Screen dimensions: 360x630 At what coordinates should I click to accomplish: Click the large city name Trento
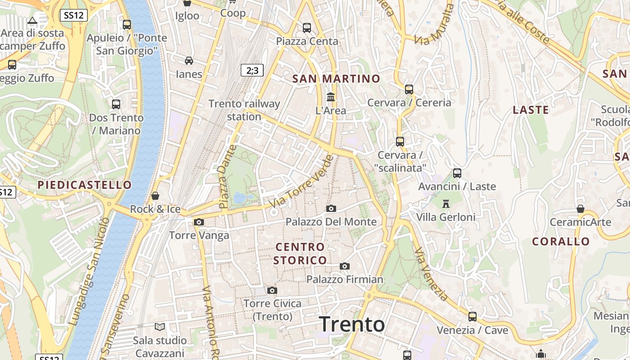pyautogui.click(x=352, y=324)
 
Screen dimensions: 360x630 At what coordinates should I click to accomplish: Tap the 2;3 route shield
pyautogui.click(x=252, y=70)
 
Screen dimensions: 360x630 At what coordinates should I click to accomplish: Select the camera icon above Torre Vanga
pyautogui.click(x=199, y=222)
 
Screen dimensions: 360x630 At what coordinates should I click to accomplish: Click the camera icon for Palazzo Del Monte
pyautogui.click(x=331, y=208)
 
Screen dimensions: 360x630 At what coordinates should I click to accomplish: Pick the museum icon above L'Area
pyautogui.click(x=331, y=97)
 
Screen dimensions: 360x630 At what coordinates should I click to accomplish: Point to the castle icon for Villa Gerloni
pyautogui.click(x=446, y=204)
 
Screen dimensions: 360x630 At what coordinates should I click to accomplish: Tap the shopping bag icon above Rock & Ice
pyautogui.click(x=155, y=196)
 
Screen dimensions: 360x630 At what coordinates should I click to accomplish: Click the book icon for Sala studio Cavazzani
pyautogui.click(x=160, y=327)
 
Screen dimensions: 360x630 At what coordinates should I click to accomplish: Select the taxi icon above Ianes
pyautogui.click(x=189, y=61)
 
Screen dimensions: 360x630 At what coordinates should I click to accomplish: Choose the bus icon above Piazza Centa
pyautogui.click(x=307, y=28)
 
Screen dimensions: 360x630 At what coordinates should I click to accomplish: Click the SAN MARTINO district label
pyautogui.click(x=336, y=79)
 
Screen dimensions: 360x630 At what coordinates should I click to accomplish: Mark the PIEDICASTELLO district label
pyautogui.click(x=85, y=185)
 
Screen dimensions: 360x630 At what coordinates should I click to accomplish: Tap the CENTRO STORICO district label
pyautogui.click(x=300, y=253)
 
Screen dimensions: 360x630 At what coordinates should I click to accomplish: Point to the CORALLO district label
pyautogui.click(x=561, y=242)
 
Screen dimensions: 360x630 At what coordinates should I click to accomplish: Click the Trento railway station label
pyautogui.click(x=244, y=110)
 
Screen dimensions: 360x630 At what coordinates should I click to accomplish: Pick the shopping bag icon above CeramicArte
pyautogui.click(x=580, y=209)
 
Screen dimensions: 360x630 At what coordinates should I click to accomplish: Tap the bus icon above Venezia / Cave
pyautogui.click(x=472, y=317)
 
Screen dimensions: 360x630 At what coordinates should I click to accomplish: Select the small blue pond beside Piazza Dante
pyautogui.click(x=240, y=198)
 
